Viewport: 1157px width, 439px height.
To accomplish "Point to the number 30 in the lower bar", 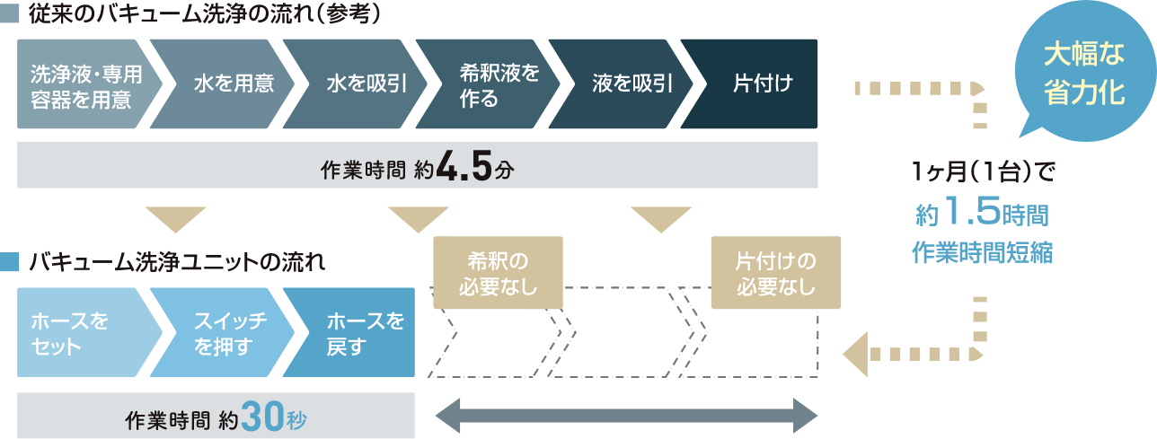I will point(262,417).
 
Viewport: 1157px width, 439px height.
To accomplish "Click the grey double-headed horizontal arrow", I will point(626,417).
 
